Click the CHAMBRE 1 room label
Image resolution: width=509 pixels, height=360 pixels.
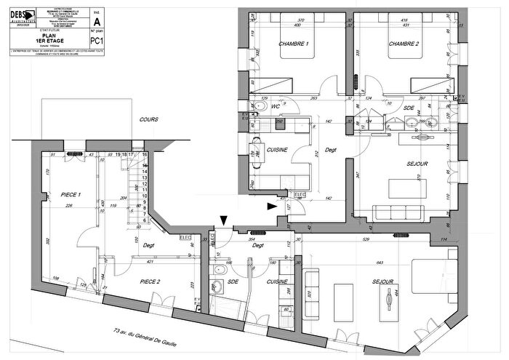tap(294, 45)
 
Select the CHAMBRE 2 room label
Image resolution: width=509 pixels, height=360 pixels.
tap(404, 45)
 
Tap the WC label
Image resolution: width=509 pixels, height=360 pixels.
tap(276, 107)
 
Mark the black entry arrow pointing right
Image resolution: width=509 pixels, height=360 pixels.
tap(272, 207)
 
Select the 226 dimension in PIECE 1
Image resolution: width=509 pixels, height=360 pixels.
tap(69, 207)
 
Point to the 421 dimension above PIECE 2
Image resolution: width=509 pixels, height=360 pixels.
tap(150, 261)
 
